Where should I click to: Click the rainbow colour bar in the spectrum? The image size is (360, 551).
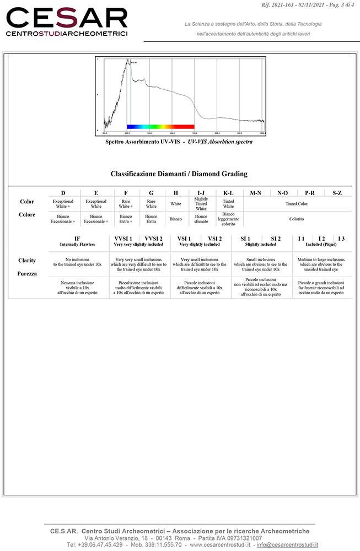pos(160,127)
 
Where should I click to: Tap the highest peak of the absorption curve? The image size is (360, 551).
pos(130,62)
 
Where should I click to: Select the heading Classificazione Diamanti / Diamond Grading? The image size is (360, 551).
pos(179,174)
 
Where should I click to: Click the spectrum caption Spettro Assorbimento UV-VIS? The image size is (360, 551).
pos(179,142)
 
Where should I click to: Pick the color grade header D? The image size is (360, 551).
pos(63,193)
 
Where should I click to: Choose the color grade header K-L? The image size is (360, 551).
pos(228,193)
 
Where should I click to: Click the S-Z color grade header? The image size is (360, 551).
pos(337,193)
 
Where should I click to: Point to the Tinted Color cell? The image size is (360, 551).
pos(297,204)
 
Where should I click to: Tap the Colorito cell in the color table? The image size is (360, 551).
pos(297,219)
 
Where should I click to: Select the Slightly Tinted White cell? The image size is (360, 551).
pos(201,204)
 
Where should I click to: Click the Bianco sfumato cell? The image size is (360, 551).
pos(201,219)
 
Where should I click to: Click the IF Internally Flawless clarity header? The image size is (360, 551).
pos(77,241)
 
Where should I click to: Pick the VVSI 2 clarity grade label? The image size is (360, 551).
pos(153,238)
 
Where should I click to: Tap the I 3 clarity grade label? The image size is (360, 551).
pos(342,238)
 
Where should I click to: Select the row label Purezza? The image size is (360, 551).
pos(27,273)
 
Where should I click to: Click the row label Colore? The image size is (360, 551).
pos(27,215)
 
